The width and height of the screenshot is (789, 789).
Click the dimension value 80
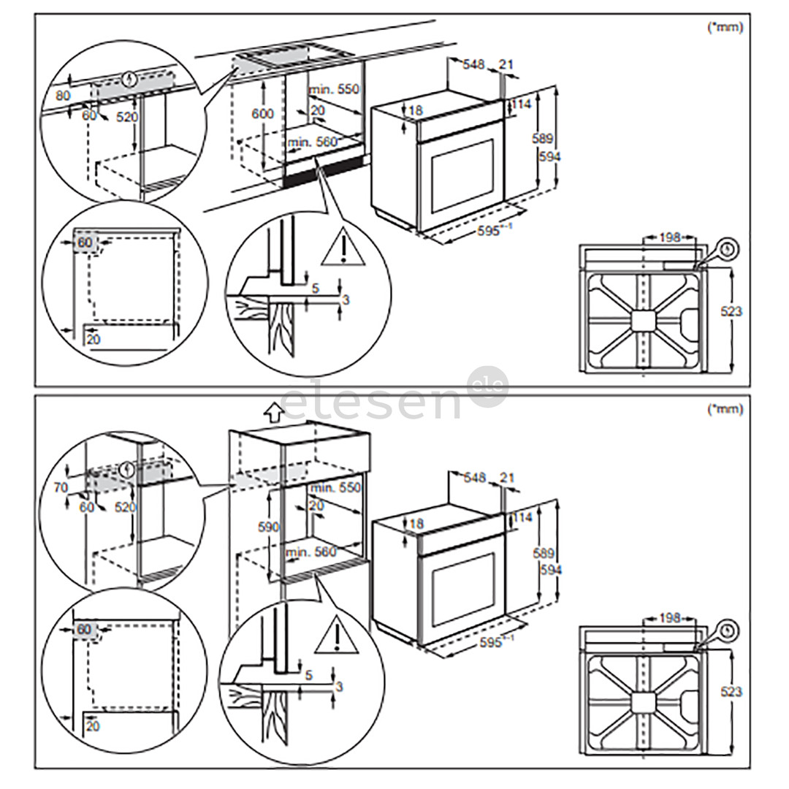(64, 95)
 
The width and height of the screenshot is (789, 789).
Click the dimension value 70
(61, 487)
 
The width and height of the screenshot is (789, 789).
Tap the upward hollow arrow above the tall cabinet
(274, 413)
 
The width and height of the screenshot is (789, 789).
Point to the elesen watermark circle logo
(487, 387)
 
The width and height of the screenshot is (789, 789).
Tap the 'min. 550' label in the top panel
(334, 89)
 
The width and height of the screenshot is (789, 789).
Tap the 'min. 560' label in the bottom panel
(313, 552)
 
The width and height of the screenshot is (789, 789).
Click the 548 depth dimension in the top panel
(473, 65)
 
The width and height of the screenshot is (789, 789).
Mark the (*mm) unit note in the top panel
(725, 27)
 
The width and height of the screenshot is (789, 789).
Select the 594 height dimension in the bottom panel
(546, 567)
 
